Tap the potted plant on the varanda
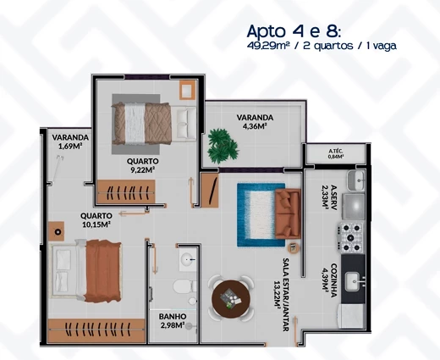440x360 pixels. click(223, 144)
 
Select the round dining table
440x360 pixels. click(228, 298)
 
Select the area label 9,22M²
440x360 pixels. click(141, 170)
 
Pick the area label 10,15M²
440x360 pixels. click(97, 225)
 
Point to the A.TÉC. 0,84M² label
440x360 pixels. click(335, 154)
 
